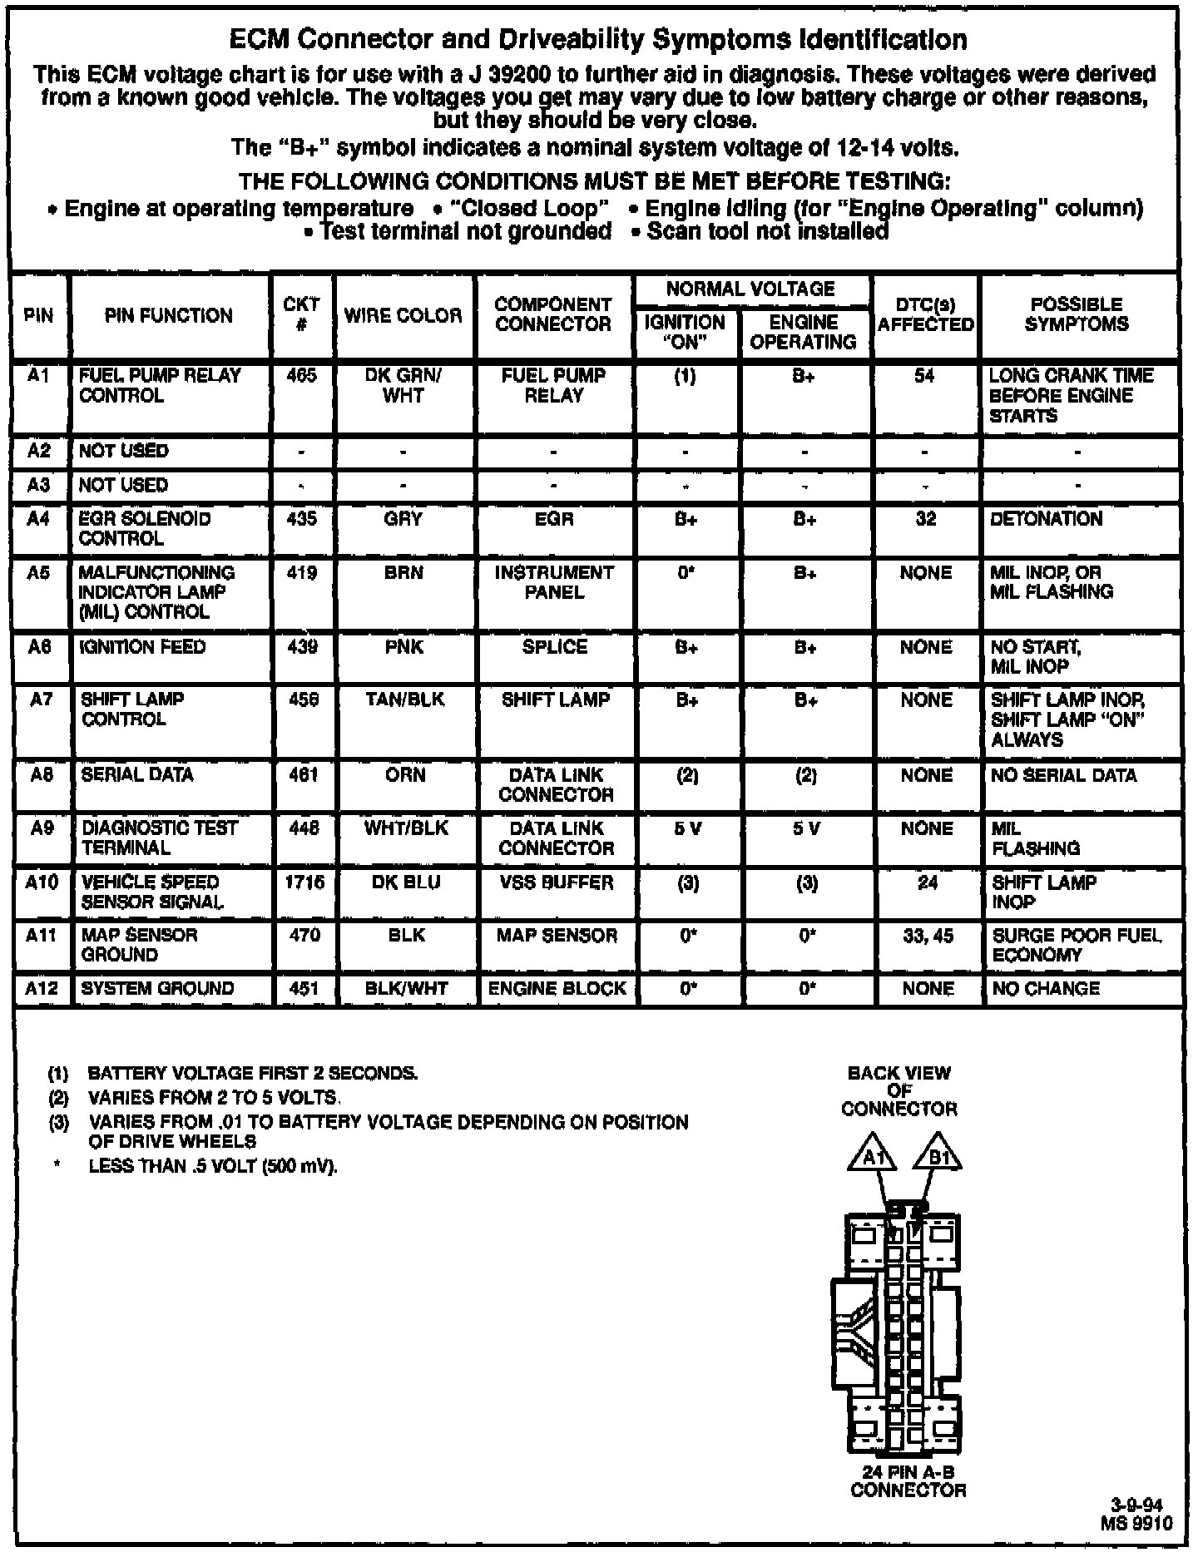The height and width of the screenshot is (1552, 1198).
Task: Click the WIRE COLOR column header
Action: coord(403,315)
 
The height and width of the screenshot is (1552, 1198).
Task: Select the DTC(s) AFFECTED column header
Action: coord(925,315)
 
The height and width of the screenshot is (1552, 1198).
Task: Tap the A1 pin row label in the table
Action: coord(39,376)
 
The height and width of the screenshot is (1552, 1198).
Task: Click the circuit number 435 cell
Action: coord(301,519)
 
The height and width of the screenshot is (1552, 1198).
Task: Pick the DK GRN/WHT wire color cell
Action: coord(403,386)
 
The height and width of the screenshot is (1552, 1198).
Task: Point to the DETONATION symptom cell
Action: coord(1047,519)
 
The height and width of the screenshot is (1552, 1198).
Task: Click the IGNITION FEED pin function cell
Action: coord(142,647)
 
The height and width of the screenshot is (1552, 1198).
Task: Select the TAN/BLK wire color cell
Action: coord(405,700)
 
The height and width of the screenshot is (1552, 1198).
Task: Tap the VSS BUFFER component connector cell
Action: coord(557,882)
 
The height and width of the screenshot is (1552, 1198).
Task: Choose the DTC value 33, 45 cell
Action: coord(928,936)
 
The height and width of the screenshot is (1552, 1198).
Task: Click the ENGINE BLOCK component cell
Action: coord(557,989)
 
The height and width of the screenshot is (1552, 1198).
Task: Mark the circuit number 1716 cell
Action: coord(304,882)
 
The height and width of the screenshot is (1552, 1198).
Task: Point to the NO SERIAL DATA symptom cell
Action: coord(1064,775)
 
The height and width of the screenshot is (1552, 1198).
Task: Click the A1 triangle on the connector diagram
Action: coord(871,1155)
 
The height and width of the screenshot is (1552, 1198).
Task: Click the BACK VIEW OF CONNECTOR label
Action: coord(899,1090)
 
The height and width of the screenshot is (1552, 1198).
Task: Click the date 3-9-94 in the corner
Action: coord(1136,1505)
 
